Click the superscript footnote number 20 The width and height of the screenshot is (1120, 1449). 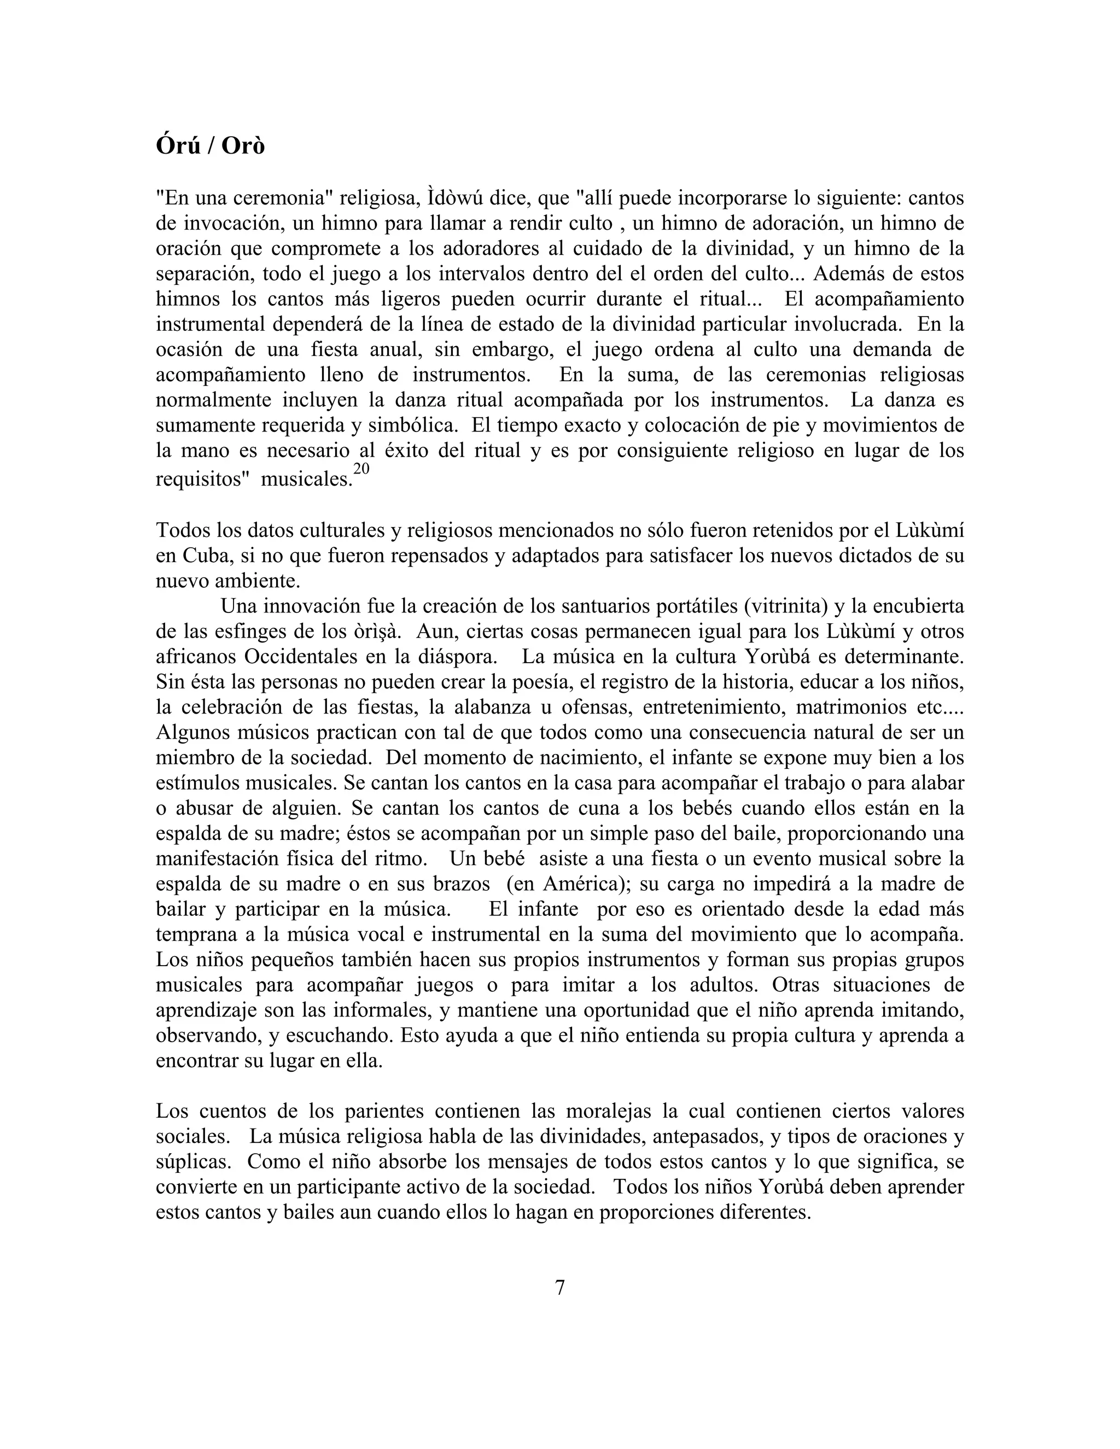[x=361, y=469]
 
